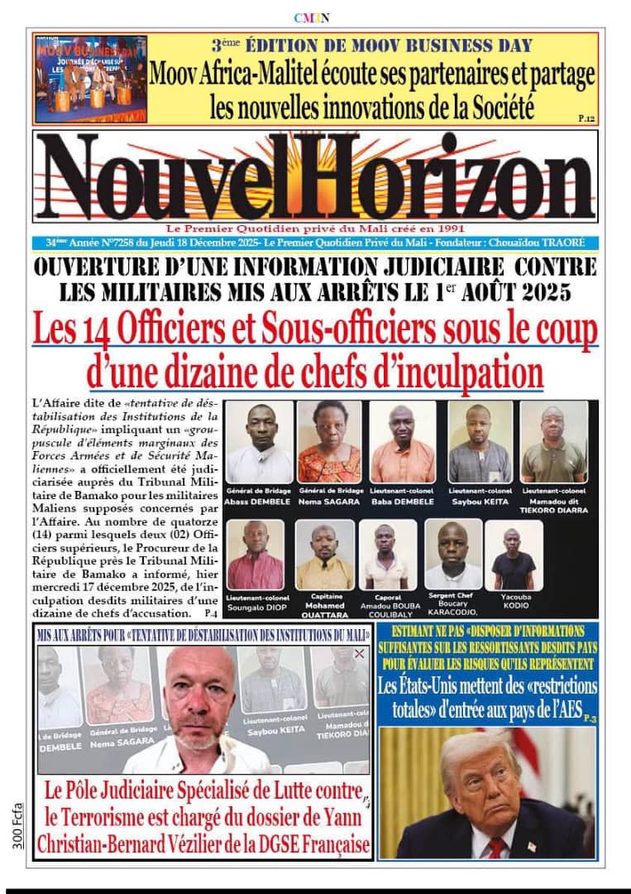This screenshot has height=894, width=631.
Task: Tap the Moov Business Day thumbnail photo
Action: click(x=91, y=79)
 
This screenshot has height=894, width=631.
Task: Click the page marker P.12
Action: click(x=586, y=119)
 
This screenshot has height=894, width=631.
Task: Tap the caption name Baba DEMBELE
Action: click(x=402, y=502)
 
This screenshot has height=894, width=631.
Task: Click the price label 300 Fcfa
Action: click(x=17, y=824)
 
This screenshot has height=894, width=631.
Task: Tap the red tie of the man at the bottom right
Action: click(x=496, y=846)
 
